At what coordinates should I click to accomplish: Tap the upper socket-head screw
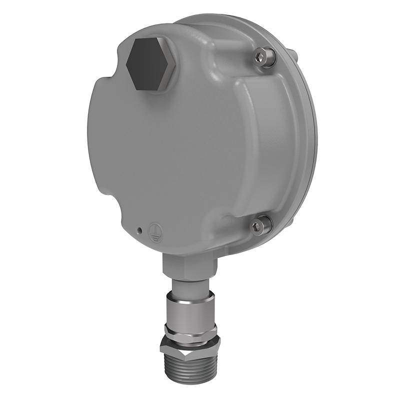coord(263,57)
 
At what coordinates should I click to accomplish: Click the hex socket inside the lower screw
coord(258,227)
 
